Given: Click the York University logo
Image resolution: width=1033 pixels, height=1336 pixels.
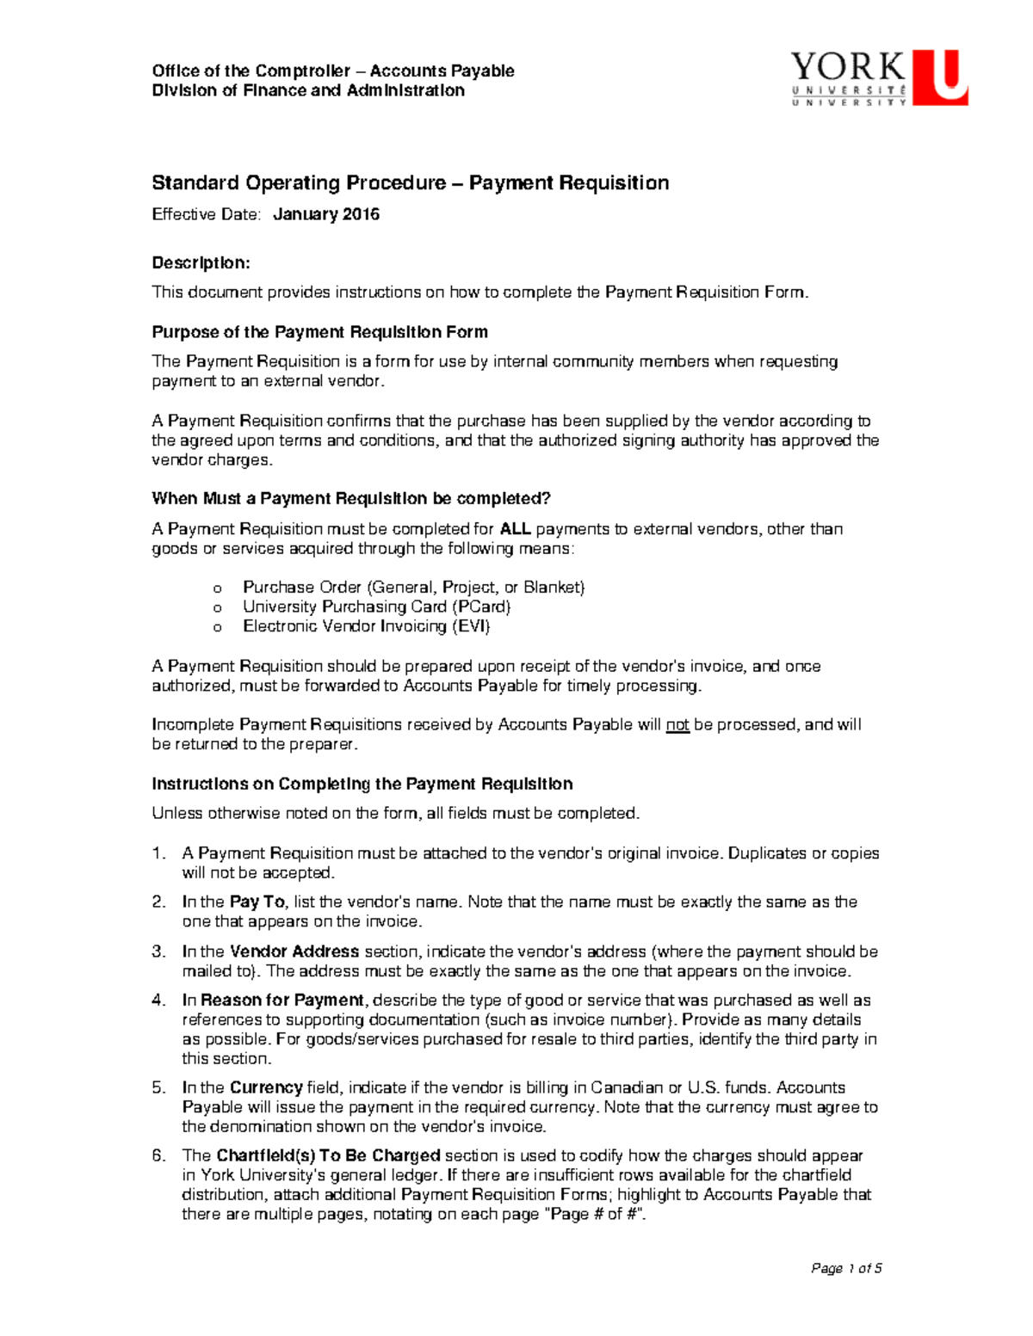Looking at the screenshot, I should tap(879, 77).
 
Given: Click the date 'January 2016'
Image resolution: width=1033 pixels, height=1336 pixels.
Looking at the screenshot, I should tap(325, 214).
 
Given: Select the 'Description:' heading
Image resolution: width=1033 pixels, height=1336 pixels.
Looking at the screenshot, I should tap(201, 262).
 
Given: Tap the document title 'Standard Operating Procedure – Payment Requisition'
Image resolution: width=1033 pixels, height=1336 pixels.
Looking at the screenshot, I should tap(410, 182).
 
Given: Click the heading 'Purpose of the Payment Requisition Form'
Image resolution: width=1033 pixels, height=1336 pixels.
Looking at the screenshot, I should tap(319, 332).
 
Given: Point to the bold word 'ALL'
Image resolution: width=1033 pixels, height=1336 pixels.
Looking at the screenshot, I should tap(515, 528).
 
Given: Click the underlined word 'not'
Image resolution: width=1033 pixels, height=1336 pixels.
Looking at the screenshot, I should tap(677, 724).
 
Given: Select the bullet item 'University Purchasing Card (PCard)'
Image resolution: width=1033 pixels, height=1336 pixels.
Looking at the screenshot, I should tap(376, 606).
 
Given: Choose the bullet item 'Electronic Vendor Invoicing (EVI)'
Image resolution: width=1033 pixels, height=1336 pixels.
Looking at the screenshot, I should tap(366, 626).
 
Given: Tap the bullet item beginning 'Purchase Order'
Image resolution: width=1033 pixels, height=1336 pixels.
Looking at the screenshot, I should tap(413, 587).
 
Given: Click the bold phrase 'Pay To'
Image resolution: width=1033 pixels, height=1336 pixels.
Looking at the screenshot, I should tap(257, 902).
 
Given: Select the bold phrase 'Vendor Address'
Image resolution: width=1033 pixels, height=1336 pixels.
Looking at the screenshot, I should tap(294, 951).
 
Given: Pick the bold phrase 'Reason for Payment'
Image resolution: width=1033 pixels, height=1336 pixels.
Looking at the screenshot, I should tap(282, 1000).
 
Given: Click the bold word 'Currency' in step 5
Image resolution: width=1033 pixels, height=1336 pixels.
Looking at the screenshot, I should tap(266, 1087).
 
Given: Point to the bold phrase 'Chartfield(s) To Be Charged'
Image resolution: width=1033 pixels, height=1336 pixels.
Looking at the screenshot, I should tap(328, 1155).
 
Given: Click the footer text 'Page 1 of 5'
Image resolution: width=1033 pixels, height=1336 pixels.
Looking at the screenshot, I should tap(846, 1268).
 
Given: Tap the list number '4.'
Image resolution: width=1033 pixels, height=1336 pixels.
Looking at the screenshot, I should tap(158, 1000).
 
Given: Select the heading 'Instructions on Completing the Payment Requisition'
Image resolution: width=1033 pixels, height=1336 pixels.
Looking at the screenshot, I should tap(362, 784).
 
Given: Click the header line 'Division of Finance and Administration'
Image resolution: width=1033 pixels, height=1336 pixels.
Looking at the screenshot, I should tap(308, 90).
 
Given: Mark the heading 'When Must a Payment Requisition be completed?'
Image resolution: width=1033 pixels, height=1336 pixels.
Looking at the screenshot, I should tap(350, 498).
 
